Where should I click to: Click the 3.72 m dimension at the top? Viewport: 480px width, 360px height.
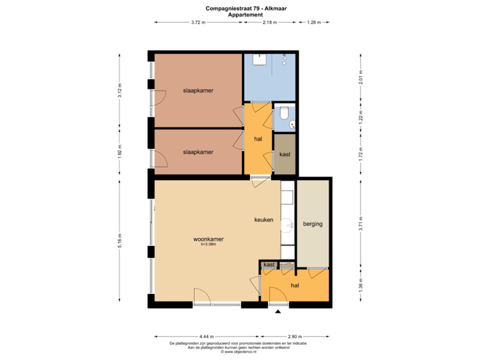point(198,22)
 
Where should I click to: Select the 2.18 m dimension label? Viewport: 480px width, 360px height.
point(269,22)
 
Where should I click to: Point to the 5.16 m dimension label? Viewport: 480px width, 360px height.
point(120,239)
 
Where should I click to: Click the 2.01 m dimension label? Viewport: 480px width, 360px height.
point(361,77)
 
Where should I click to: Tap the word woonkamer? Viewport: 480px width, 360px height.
point(208,239)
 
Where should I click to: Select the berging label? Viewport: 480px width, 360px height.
point(312,224)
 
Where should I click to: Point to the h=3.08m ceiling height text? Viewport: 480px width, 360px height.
point(208,245)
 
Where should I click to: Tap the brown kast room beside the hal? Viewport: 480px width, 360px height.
point(285,154)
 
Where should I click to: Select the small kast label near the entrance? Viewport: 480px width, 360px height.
point(269,265)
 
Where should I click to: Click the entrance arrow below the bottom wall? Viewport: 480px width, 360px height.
point(278,311)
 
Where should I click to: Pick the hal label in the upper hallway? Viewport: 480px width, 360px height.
point(258,139)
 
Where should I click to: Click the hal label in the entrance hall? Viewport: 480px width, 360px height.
point(295,285)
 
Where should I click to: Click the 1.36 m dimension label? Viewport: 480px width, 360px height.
point(361,285)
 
